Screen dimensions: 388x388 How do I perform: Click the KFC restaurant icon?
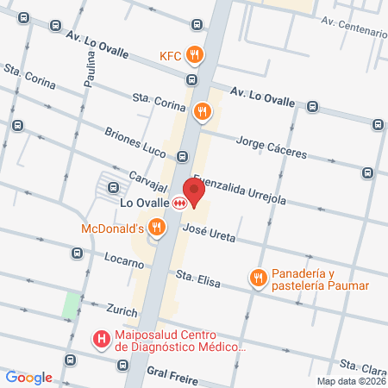[197, 55]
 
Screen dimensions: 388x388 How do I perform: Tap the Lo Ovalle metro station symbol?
[179, 203]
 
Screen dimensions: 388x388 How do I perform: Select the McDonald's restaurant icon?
[156, 228]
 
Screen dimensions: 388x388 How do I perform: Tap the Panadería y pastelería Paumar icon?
[257, 278]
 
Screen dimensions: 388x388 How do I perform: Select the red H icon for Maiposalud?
[101, 339]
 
